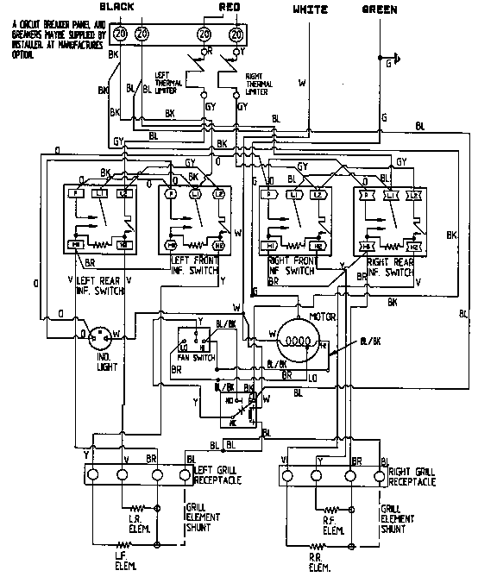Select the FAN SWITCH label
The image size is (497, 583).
point(195,357)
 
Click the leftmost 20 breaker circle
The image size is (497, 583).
point(120,33)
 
